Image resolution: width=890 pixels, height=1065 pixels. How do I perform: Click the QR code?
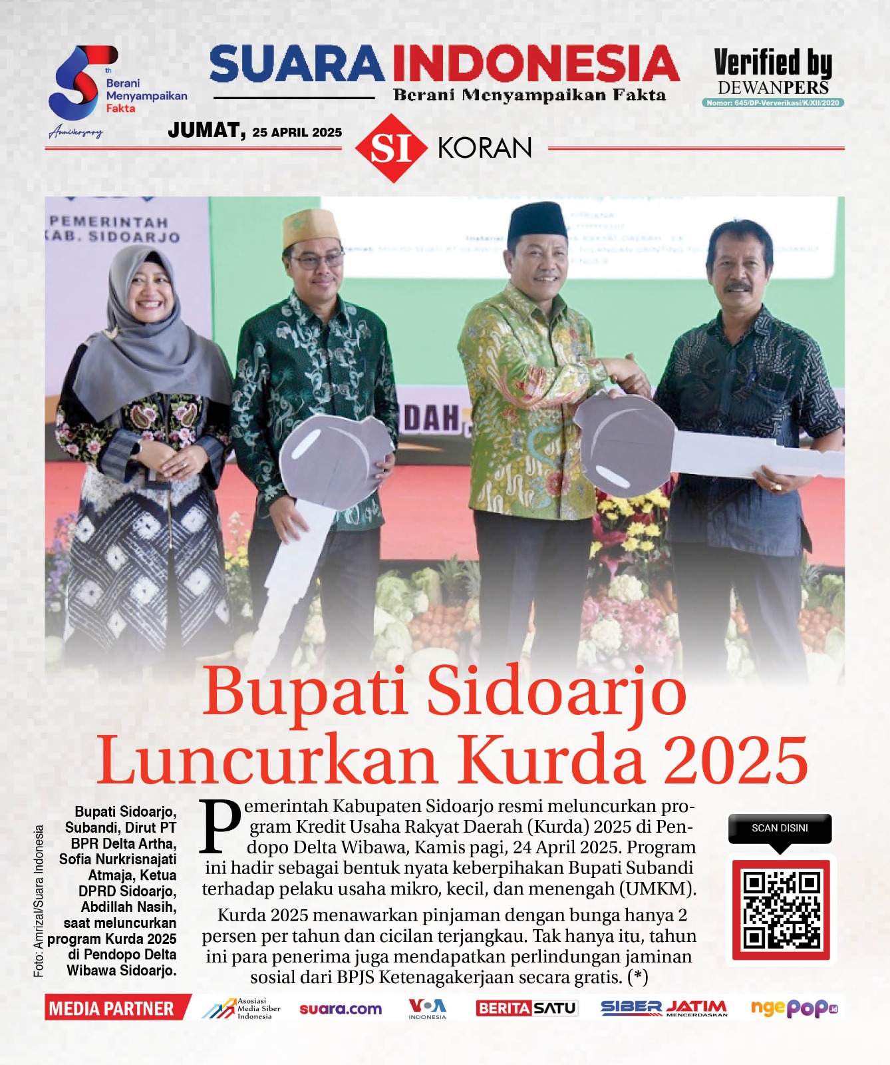pos(781,910)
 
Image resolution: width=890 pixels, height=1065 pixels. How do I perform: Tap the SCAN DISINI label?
pos(780,828)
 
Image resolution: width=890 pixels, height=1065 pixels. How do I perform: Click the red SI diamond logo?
pos(391,148)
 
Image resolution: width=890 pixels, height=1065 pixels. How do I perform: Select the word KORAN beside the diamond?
pos(485,148)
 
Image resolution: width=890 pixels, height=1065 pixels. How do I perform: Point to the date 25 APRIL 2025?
pos(297,132)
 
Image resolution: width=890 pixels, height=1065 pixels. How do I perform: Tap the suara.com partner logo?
pos(341,1008)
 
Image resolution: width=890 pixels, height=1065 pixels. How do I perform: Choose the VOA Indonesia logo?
pos(427,1008)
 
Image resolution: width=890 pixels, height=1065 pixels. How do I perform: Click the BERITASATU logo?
pos(526,1008)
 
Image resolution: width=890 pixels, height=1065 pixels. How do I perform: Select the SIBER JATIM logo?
pos(663,1008)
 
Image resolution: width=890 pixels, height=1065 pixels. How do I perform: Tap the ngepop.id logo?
pos(794,1008)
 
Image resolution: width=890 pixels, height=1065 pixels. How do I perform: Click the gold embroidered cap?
pos(311,228)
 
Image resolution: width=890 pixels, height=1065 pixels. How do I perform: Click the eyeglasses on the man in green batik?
pos(317,260)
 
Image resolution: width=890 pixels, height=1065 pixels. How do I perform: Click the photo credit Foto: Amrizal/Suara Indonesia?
pos(39,901)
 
